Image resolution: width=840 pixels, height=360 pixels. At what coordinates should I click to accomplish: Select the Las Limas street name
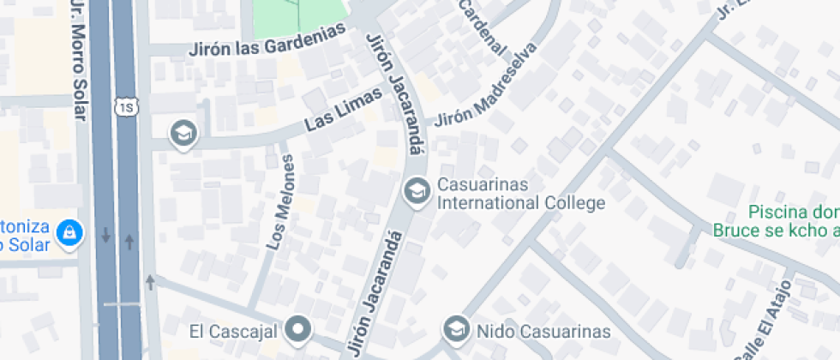coord(343,111)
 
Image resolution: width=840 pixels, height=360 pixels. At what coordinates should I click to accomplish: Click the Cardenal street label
coord(482,27)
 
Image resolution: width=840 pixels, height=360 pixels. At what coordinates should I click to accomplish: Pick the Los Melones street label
coord(280,201)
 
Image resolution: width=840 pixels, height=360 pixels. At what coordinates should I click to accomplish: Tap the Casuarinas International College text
coord(521,195)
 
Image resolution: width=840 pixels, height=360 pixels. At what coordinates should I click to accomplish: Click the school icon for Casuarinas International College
coord(417,190)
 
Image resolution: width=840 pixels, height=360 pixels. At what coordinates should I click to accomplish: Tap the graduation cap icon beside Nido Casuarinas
coord(456,328)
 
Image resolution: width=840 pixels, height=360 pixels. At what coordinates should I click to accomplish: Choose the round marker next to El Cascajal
coord(298,327)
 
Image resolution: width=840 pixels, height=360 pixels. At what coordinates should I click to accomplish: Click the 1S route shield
coord(127,106)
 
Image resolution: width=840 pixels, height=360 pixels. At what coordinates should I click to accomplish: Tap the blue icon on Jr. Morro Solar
coord(68,231)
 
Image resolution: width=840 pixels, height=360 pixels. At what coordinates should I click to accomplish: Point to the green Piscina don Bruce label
coord(793,220)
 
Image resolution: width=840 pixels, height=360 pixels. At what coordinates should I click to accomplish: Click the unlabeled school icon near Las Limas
coord(183,133)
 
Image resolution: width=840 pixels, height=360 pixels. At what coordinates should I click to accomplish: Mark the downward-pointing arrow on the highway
coord(105,234)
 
